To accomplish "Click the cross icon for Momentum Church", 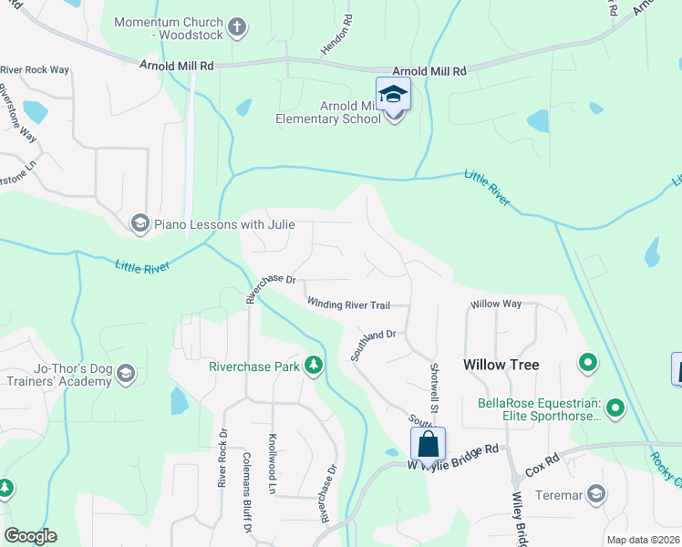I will click(236, 26).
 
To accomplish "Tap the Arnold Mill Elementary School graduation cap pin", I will click(393, 96).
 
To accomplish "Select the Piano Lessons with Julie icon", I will click(139, 223).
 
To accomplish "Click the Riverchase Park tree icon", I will click(314, 366).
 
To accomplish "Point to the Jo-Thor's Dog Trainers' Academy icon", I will click(125, 373).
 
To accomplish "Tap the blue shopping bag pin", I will click(428, 445).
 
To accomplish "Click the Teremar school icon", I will click(596, 494).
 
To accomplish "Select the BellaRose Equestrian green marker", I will click(615, 408).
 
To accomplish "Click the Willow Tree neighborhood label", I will click(501, 365).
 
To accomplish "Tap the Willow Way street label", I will click(495, 304).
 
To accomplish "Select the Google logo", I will click(31, 536).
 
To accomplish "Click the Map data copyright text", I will click(643, 540).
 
